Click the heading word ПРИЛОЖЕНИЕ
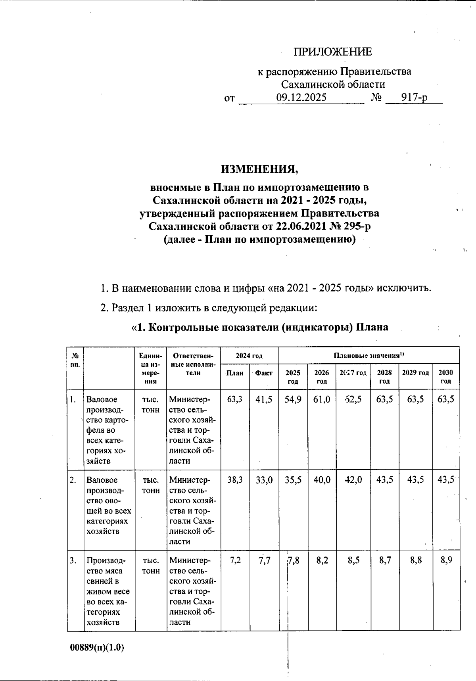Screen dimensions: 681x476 tap(333, 52)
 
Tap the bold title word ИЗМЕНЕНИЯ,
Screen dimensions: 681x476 tap(259, 169)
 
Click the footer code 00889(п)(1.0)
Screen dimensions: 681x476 tap(97, 648)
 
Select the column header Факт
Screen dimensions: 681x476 tap(264, 373)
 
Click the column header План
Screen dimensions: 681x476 tap(235, 373)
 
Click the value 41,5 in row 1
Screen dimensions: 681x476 tap(264, 399)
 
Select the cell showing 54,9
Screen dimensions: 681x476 tap(293, 399)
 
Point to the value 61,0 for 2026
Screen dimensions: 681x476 tap(322, 399)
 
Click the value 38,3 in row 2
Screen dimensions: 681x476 tap(235, 480)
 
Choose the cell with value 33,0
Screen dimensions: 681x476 tap(264, 480)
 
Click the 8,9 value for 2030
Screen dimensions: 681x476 tap(446, 560)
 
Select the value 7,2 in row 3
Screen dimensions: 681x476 tap(235, 560)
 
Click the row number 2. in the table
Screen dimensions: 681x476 tap(73, 480)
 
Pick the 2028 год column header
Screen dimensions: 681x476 tap(384, 377)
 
